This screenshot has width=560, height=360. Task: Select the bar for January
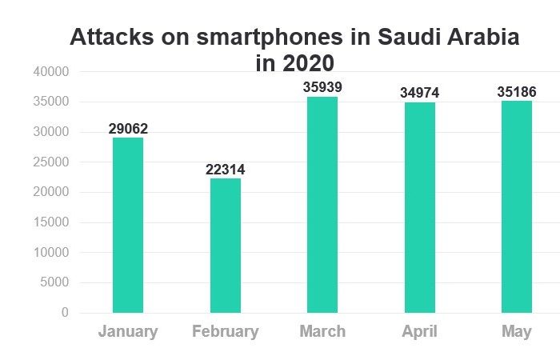click(128, 225)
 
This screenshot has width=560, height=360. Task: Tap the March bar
click(322, 204)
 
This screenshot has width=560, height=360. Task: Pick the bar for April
click(419, 207)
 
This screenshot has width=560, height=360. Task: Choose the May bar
click(517, 206)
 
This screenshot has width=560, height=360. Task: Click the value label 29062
click(128, 129)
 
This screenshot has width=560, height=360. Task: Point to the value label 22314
click(225, 170)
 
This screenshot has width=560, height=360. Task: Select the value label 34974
click(419, 94)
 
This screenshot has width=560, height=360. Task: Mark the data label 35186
click(517, 93)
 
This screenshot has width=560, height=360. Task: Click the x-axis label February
click(225, 332)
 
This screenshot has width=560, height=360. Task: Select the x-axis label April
click(419, 332)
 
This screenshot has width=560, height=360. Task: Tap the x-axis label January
click(128, 332)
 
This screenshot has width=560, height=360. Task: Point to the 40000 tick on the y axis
click(51, 72)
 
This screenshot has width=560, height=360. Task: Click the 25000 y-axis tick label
click(51, 162)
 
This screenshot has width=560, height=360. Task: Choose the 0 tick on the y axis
click(65, 313)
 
